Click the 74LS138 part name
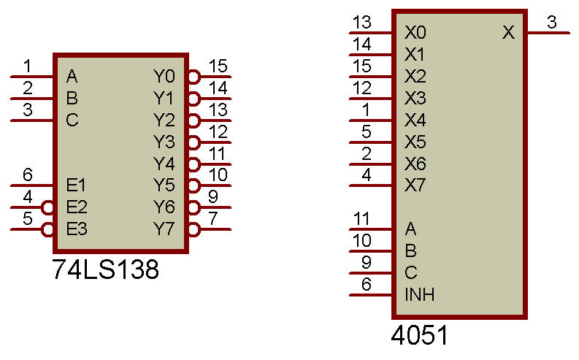click(x=106, y=269)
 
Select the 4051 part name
click(x=419, y=335)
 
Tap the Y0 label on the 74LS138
click(x=164, y=77)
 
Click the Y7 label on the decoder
click(x=164, y=229)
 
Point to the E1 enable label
click(x=76, y=185)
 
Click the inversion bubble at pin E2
click(x=47, y=207)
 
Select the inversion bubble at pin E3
click(x=47, y=230)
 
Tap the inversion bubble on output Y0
click(x=194, y=77)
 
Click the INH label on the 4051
click(x=420, y=295)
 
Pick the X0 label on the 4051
click(x=415, y=32)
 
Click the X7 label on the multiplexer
click(x=415, y=185)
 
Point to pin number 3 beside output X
click(x=552, y=22)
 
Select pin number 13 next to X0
click(x=362, y=22)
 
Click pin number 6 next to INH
click(x=366, y=284)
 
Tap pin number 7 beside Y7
click(x=213, y=218)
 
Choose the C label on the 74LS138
click(x=72, y=120)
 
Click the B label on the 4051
click(x=410, y=251)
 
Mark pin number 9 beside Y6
click(x=213, y=196)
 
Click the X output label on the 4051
click(x=508, y=32)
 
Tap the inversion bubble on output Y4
click(x=194, y=164)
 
